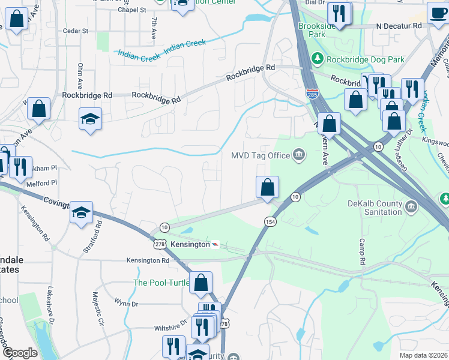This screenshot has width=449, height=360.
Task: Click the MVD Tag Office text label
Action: (261, 155)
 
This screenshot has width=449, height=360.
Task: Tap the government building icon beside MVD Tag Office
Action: (298, 155)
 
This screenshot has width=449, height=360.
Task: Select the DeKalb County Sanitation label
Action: (375, 208)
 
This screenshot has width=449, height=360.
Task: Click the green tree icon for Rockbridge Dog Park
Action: (317, 59)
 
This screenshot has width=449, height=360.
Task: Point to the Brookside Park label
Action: (319, 30)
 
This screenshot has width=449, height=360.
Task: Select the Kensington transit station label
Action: (190, 245)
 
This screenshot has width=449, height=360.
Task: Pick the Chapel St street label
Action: (132, 10)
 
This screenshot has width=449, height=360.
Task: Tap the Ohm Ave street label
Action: (80, 74)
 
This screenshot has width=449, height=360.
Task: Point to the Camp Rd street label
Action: (363, 253)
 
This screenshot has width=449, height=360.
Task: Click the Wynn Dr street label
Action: (127, 304)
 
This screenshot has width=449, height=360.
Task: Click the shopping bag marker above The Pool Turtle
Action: (200, 281)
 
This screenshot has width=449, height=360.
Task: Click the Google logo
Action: (20, 353)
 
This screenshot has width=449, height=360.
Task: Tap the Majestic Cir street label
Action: (97, 308)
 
